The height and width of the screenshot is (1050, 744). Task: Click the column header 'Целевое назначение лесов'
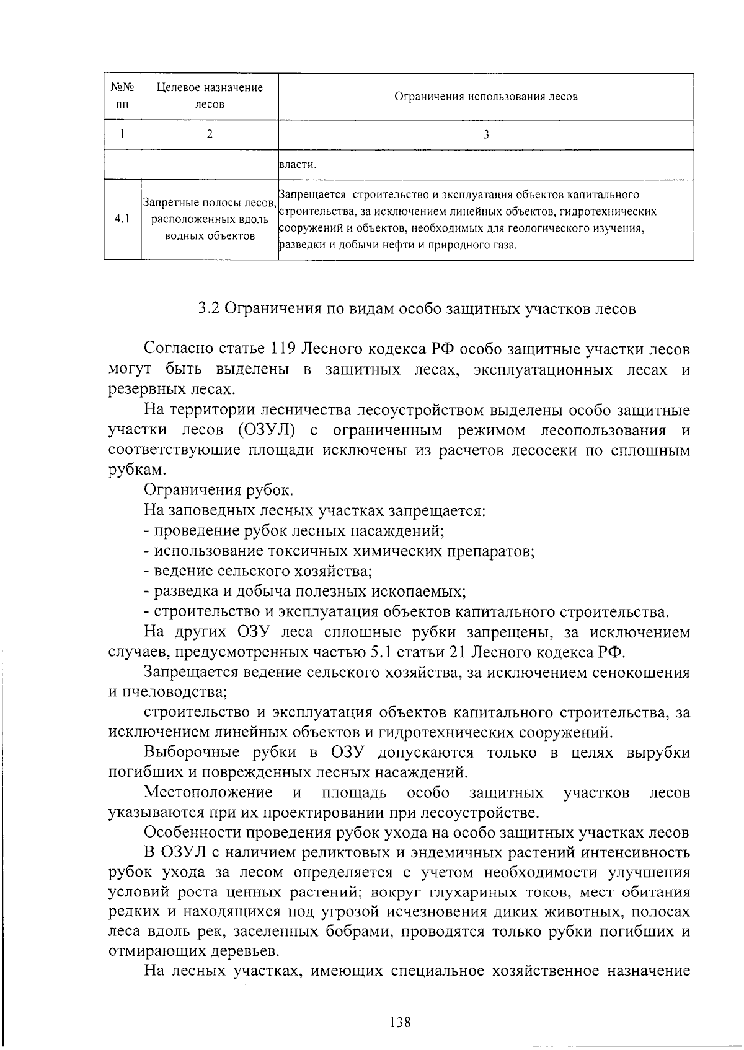[210, 96]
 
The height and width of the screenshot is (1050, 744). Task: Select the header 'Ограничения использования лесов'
[485, 97]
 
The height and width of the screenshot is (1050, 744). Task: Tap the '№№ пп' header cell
[122, 96]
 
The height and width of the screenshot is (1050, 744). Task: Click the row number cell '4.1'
[122, 219]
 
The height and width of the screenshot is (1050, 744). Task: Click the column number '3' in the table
[485, 134]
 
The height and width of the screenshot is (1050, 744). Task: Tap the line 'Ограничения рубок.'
[218, 490]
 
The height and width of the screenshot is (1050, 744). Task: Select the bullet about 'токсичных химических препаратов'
[339, 551]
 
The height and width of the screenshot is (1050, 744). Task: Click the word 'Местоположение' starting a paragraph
[208, 793]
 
